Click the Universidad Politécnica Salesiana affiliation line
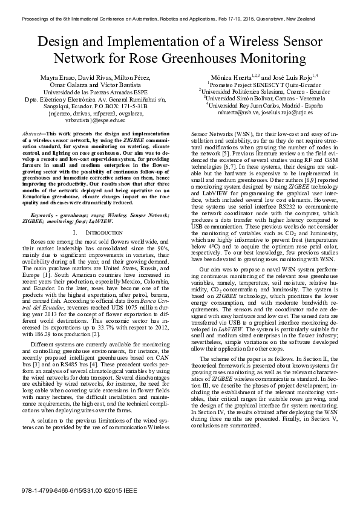coord(256,91)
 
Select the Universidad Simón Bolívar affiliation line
coord(257,97)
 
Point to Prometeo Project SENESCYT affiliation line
coord(255,84)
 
